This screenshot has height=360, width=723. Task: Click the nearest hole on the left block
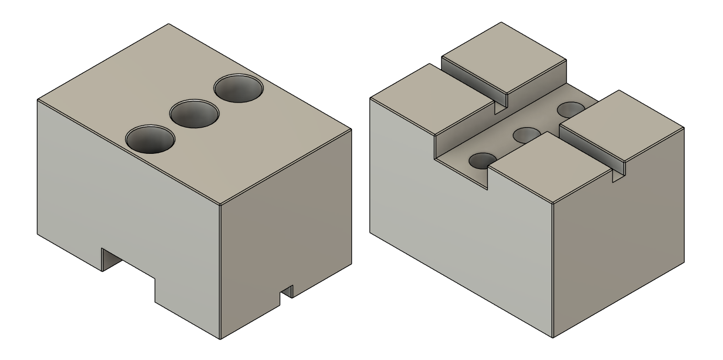tap(150, 139)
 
